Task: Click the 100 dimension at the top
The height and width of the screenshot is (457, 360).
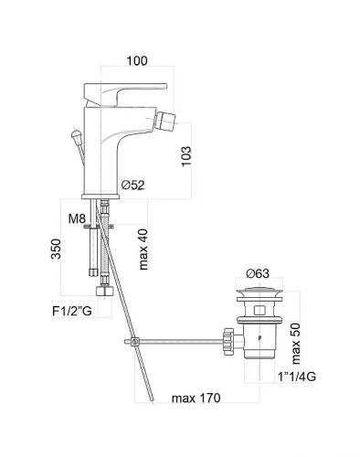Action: tap(137, 60)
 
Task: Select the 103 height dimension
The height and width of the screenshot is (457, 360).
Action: tap(186, 156)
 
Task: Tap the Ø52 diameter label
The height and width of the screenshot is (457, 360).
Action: tap(132, 185)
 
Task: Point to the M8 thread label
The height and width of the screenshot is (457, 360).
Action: tap(77, 218)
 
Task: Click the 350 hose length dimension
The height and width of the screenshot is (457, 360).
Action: tap(56, 249)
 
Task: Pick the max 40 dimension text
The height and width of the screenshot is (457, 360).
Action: tap(143, 250)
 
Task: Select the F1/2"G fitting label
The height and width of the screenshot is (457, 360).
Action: tap(72, 312)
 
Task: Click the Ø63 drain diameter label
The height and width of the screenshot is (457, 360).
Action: tap(258, 273)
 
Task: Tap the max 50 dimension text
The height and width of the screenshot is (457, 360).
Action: tap(296, 344)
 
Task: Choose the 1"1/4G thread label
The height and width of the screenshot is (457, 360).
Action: tap(297, 377)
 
